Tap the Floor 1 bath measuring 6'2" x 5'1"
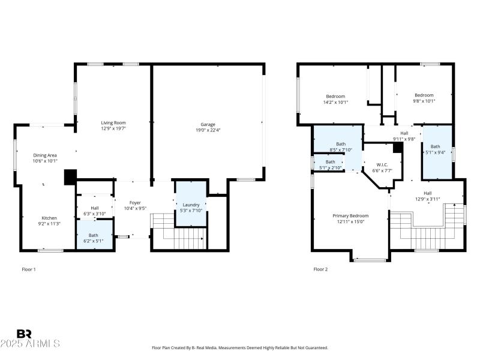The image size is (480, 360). pos(94,235)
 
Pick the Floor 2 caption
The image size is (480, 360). pos(320,269)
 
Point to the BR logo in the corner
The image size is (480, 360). pos(24,334)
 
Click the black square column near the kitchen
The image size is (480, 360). pos(70,176)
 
